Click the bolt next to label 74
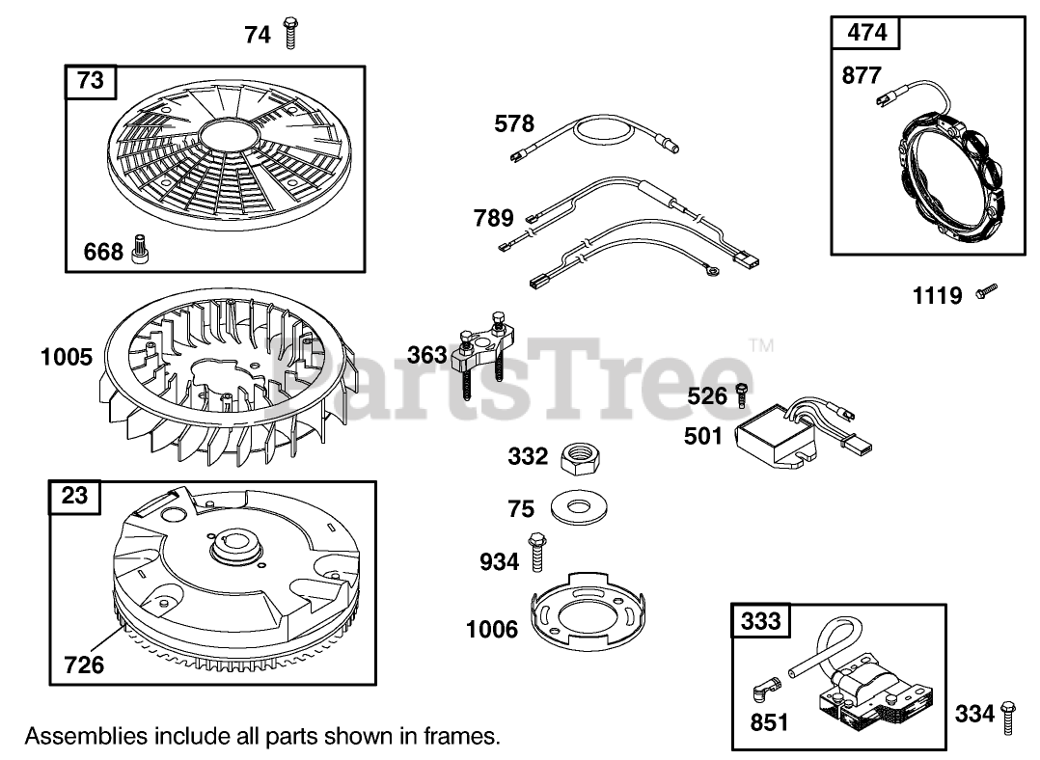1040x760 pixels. click(289, 34)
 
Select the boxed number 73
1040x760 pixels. click(90, 81)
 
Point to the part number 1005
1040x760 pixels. click(67, 358)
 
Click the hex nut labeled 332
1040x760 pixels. click(581, 456)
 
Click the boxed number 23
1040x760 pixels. click(74, 496)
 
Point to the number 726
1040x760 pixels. click(84, 665)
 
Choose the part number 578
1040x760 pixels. click(514, 123)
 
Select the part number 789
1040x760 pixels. click(493, 218)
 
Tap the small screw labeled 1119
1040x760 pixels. click(985, 288)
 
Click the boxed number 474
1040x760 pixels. click(865, 34)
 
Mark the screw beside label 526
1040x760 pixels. click(742, 394)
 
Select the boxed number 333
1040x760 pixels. click(761, 622)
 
